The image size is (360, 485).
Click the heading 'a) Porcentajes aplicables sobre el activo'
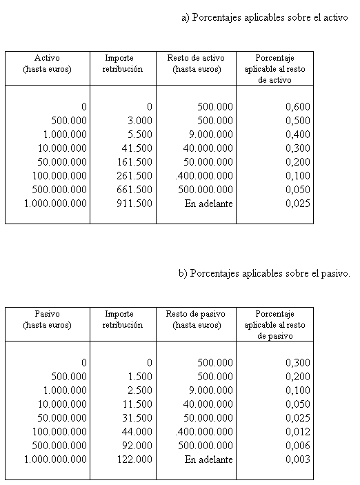click(264, 17)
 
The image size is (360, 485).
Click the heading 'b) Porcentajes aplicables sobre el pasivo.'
click(264, 273)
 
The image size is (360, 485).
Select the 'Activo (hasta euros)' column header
click(47, 63)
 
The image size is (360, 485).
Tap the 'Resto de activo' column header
click(197, 63)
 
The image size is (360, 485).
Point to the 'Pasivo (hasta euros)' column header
click(47, 319)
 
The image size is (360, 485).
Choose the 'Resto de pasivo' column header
click(197, 319)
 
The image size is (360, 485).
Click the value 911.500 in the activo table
click(135, 204)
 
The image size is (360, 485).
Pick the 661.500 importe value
click(135, 190)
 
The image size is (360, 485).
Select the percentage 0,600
click(298, 107)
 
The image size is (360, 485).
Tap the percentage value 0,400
click(298, 135)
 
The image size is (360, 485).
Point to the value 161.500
click(135, 162)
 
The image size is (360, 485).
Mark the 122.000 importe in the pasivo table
click(135, 459)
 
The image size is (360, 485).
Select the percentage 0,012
click(298, 432)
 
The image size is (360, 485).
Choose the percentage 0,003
click(298, 459)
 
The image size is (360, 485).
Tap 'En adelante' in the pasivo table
click(209, 459)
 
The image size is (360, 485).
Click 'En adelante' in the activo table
click(209, 204)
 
